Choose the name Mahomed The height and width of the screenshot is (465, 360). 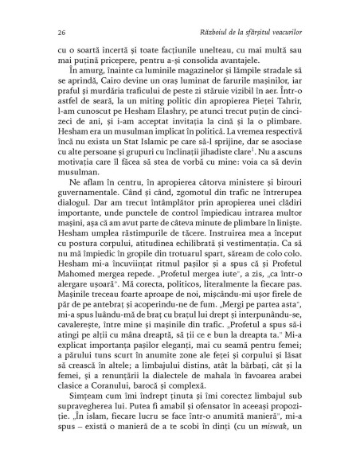(x=80, y=302)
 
